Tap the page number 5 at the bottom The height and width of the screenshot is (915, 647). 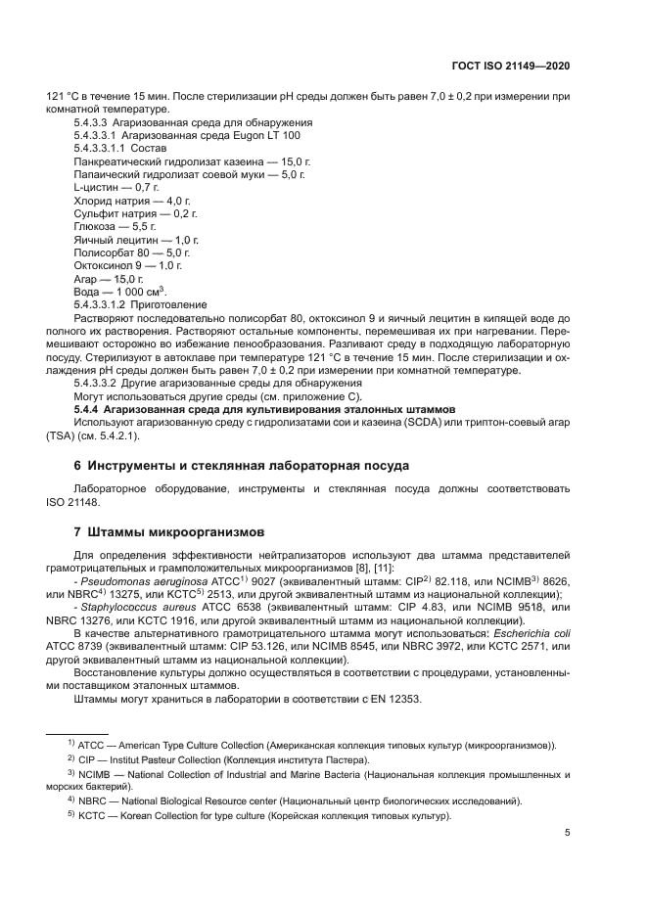tap(568, 833)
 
